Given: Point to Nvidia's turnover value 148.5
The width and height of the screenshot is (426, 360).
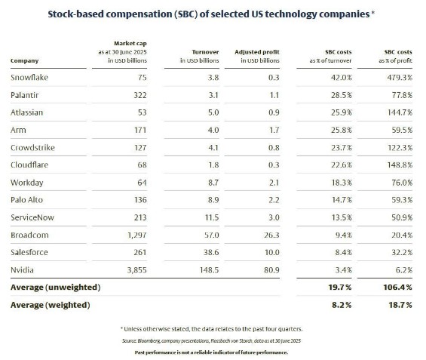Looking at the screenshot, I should tap(197, 270).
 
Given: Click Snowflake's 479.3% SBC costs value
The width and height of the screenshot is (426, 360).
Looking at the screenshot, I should tap(397, 77).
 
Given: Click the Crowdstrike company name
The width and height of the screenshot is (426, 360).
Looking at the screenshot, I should tap(32, 147).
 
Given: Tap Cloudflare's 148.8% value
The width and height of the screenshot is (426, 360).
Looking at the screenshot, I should tap(397, 165).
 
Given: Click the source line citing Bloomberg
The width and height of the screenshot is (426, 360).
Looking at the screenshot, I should tap(213, 341).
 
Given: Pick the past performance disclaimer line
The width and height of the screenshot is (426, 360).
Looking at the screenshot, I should tap(213, 352).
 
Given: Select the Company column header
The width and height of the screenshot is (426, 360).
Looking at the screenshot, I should tap(24, 60).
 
